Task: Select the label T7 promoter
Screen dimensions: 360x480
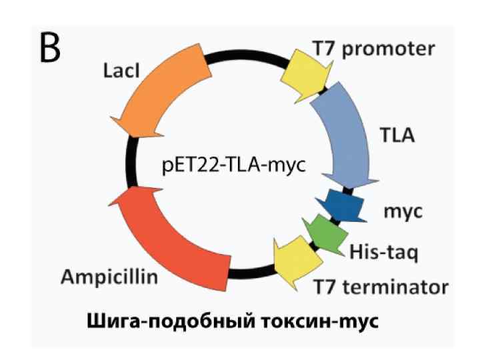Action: point(374,48)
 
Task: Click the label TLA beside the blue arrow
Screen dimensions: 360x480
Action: point(397,137)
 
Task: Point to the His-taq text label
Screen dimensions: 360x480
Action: point(383,252)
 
